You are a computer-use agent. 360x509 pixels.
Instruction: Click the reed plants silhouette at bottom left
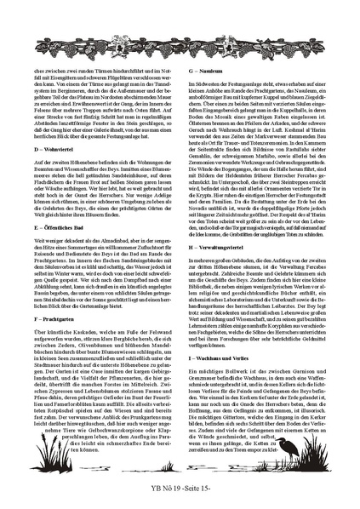43,443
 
